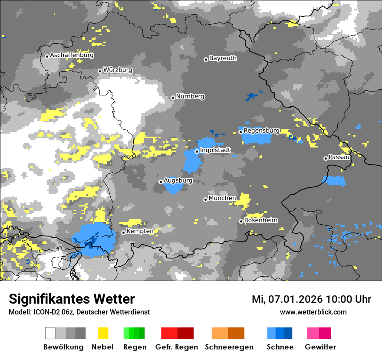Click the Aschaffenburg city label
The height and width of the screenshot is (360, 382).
coord(72,55)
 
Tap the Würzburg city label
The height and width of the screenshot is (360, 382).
coord(118,70)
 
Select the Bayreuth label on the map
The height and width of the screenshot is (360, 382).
coord(223,58)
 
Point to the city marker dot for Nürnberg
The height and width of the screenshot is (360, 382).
coord(173,98)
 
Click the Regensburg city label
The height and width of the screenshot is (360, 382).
coord(261,131)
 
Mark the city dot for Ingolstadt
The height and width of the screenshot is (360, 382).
coord(197,151)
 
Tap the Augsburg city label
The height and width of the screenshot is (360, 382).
coord(178,180)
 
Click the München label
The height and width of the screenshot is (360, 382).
coord(222,198)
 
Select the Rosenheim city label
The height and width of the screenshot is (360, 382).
coord(261,220)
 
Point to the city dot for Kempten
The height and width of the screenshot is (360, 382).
coord(123,232)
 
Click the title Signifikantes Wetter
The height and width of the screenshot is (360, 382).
coord(72,299)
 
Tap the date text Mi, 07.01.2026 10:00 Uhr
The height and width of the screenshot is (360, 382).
coord(311,299)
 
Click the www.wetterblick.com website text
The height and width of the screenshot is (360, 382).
coord(313,312)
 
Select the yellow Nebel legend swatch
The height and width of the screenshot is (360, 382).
coord(103,333)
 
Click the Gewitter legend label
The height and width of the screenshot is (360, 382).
coord(320,347)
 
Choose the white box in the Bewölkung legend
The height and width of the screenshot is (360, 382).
coord(50,333)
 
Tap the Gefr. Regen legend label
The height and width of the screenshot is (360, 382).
coord(177,347)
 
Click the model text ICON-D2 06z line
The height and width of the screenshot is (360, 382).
coord(79,312)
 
